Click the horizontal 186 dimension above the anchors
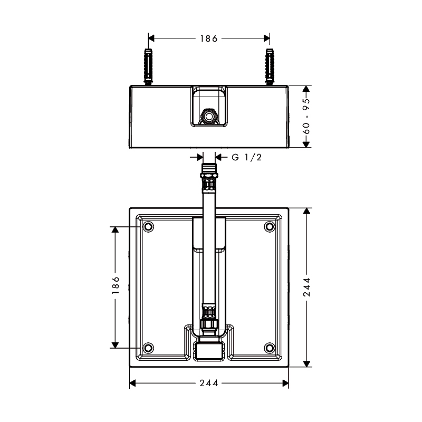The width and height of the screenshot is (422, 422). (x=209, y=38)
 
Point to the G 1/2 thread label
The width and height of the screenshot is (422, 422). (x=246, y=157)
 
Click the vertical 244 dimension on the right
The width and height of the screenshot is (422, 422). (x=307, y=287)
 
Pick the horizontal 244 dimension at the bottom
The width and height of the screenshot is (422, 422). (x=209, y=383)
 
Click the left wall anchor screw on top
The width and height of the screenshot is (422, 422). (x=148, y=65)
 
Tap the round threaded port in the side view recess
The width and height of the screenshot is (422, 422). (x=209, y=115)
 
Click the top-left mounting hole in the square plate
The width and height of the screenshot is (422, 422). (x=148, y=227)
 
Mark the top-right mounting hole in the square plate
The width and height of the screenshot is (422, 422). (x=270, y=227)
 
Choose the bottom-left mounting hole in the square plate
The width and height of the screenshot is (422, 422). (x=148, y=348)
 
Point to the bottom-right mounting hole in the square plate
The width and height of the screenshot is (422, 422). (x=270, y=348)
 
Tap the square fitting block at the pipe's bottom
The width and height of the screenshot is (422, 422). (x=209, y=350)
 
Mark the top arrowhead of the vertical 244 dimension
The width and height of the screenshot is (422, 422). (x=307, y=210)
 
